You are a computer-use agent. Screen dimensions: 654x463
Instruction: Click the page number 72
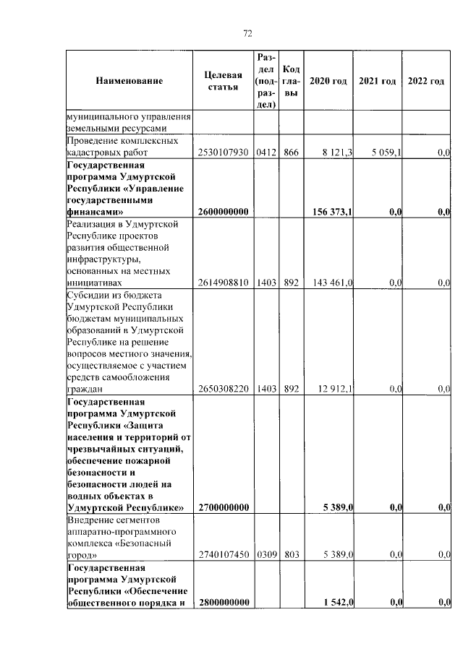247,33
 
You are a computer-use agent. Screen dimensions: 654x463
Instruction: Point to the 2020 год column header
328,81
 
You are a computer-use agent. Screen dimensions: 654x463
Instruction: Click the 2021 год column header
377,81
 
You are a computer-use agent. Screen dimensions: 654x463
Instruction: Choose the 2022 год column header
426,81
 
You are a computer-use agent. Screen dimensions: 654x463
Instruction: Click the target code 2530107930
223,153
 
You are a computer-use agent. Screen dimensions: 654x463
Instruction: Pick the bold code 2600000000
223,212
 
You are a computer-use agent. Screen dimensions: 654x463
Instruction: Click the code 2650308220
223,389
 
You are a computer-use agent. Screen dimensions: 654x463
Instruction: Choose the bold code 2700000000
223,508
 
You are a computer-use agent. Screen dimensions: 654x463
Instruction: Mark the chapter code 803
292,555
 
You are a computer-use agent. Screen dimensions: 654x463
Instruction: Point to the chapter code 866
292,153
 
